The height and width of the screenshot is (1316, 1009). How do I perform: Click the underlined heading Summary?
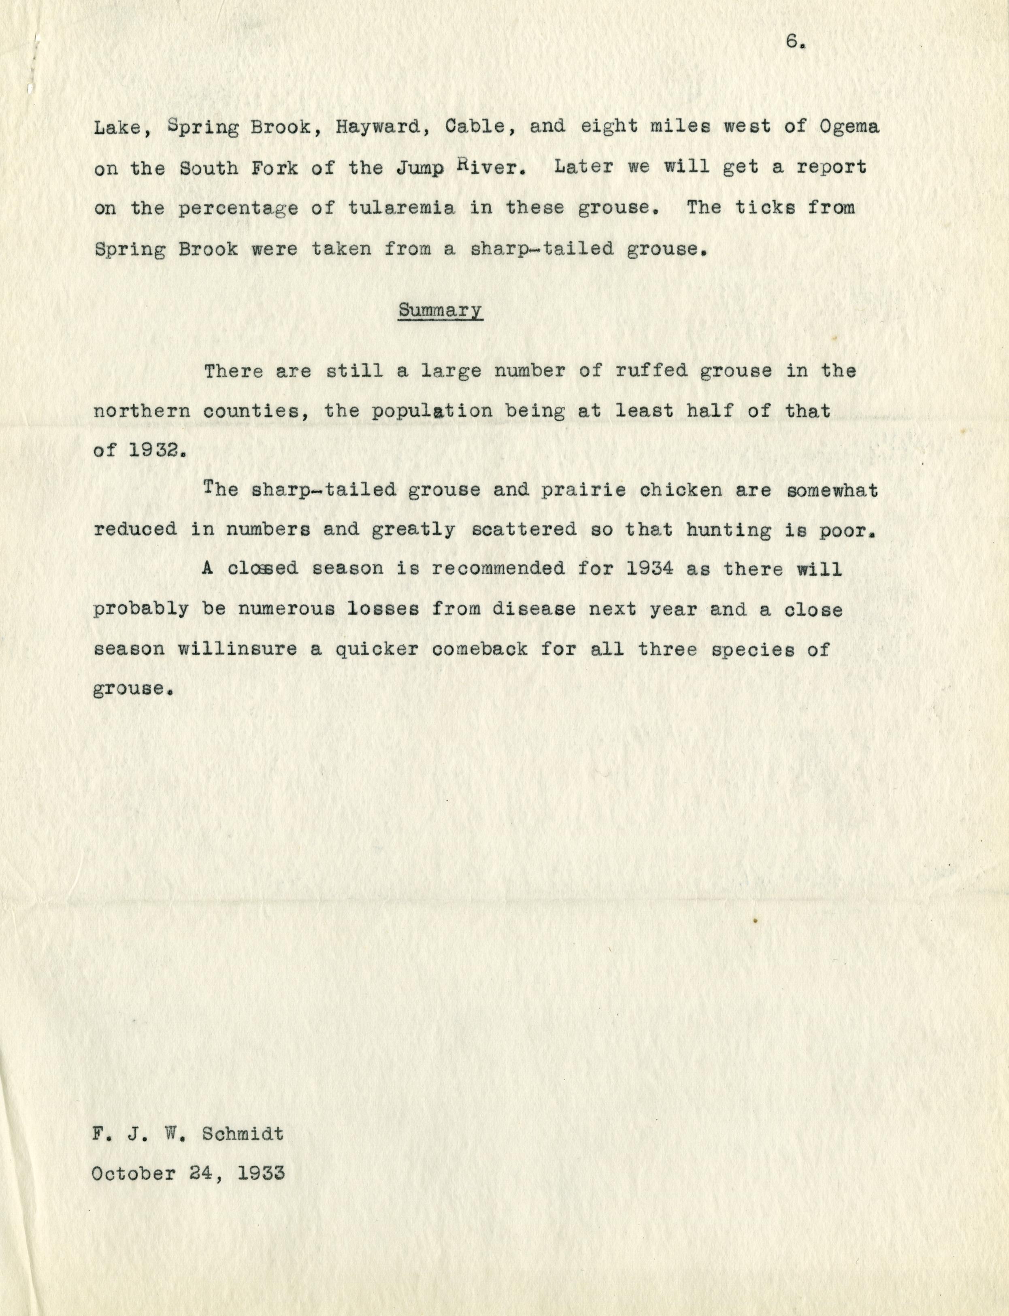coord(440,310)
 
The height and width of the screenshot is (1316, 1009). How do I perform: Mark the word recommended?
coord(498,568)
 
